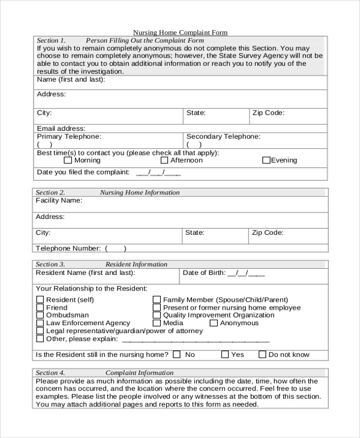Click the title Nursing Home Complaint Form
tap(180, 32)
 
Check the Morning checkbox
tap(68, 160)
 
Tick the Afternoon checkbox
tap(164, 160)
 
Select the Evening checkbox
tap(266, 160)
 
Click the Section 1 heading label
tap(51, 40)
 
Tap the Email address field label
tap(61, 128)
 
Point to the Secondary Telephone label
tap(223, 137)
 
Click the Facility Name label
tap(59, 200)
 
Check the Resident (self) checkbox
tap(40, 299)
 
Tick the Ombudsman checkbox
tap(40, 315)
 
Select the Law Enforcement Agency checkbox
tap(40, 323)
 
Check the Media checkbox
tap(157, 323)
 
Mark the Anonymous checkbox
tap(214, 323)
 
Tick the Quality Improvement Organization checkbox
tap(157, 315)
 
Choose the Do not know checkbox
tap(262, 355)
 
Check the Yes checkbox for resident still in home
tap(225, 355)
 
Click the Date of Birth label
tap(204, 272)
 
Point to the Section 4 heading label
tap(50, 373)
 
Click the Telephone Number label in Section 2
tap(68, 248)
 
